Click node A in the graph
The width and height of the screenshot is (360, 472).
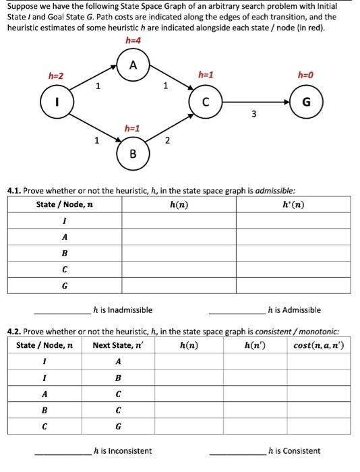click(133, 65)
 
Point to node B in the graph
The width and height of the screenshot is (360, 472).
click(133, 154)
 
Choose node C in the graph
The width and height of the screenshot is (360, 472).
click(208, 102)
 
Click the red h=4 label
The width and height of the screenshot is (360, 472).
click(133, 42)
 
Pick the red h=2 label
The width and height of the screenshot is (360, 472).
click(55, 76)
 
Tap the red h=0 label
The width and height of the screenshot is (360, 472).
click(305, 75)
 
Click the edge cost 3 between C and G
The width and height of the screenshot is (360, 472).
click(253, 114)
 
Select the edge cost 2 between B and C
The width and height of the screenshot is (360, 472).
click(167, 140)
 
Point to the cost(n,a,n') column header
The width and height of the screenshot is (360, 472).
click(319, 346)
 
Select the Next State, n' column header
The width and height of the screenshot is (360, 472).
click(118, 346)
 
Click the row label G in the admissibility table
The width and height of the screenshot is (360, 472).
click(64, 285)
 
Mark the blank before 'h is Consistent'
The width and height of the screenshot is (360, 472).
click(237, 451)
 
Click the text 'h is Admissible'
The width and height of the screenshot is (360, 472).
click(294, 310)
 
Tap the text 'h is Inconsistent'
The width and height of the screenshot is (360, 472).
click(123, 451)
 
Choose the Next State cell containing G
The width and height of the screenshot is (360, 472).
click(118, 425)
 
